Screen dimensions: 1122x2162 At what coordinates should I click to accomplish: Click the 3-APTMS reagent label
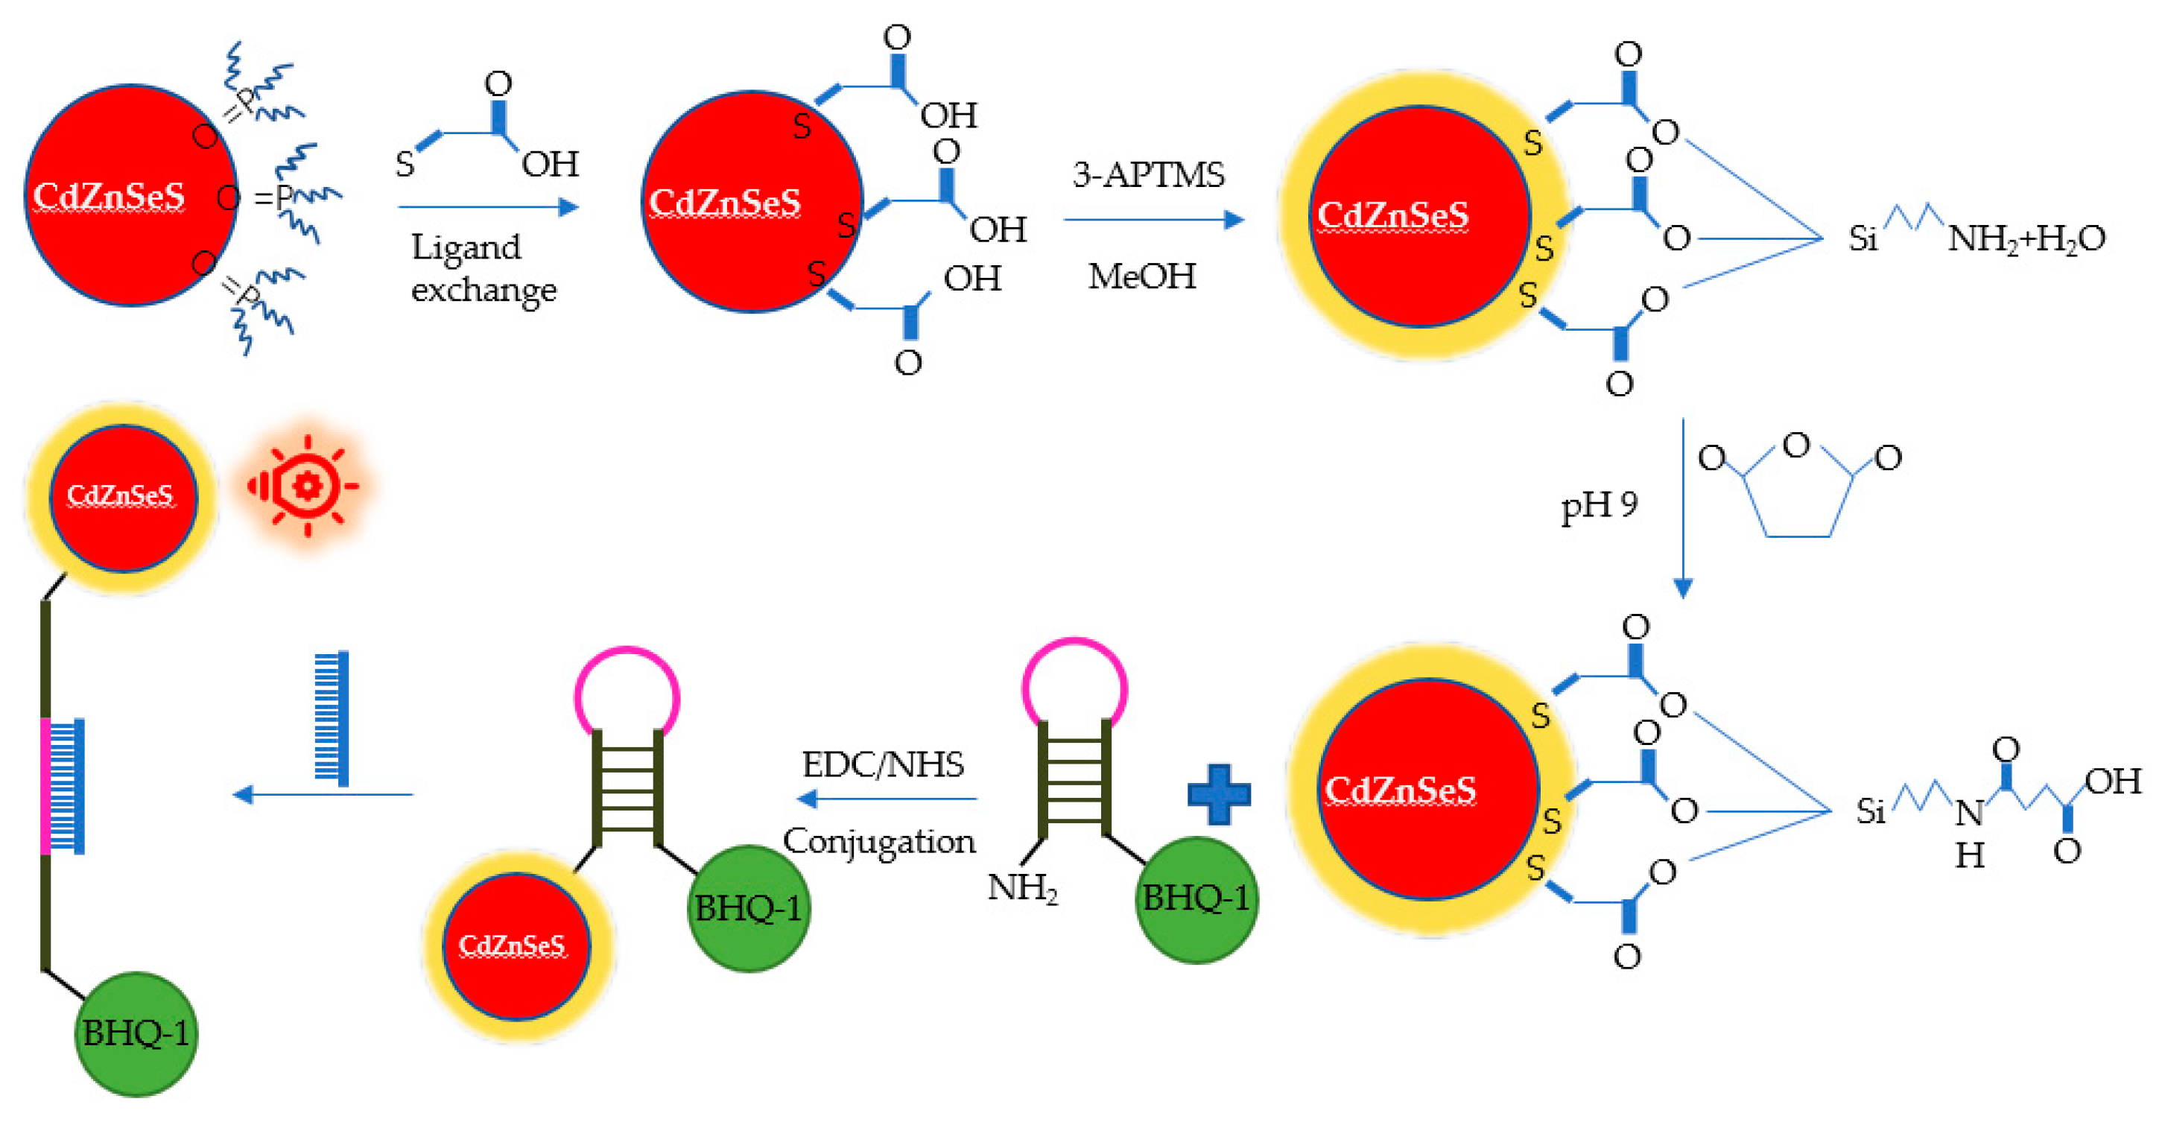1148,174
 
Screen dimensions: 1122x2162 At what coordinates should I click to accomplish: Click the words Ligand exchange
483,267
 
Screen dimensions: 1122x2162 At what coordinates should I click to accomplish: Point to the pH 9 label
1599,505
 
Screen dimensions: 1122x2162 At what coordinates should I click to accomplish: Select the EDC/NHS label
883,764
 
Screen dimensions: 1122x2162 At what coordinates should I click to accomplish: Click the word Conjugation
879,841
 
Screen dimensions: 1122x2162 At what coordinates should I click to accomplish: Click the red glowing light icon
305,486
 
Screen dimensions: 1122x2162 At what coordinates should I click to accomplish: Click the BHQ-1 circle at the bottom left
136,1033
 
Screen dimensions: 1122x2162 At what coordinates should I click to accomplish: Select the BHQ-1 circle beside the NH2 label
1196,898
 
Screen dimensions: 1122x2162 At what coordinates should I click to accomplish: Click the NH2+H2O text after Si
2026,239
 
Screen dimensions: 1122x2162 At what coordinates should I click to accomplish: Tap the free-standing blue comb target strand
332,717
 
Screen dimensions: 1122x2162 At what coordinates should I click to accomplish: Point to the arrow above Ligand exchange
489,206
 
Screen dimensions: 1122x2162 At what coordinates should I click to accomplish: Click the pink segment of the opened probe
45,785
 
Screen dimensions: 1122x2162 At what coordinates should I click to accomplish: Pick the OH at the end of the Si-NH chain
2113,782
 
